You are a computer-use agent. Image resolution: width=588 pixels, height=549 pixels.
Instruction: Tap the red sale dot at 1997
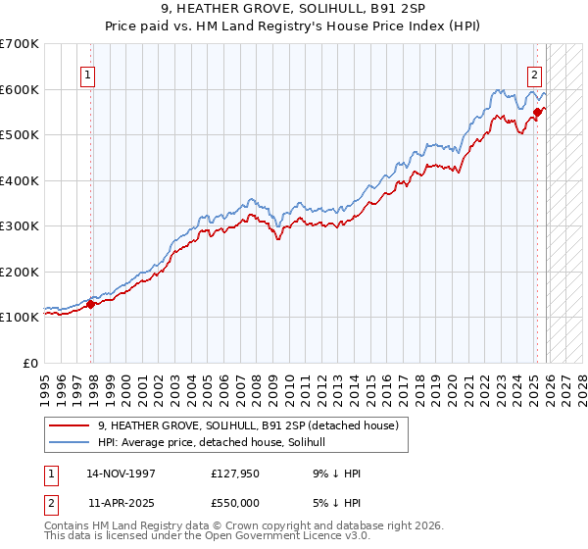tap(91, 304)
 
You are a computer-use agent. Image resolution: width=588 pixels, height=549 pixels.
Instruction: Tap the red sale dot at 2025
tap(537, 113)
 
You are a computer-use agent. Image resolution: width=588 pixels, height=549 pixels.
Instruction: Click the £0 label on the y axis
tap(31, 363)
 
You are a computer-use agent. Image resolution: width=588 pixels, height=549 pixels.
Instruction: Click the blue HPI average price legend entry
tap(218, 442)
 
